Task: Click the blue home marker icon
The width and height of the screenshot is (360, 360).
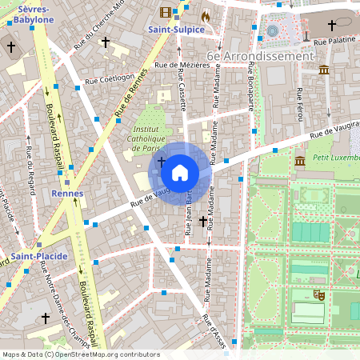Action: [x=180, y=172]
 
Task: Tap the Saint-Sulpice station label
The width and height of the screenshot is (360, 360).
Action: [x=176, y=30]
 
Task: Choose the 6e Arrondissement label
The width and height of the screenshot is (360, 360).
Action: [x=260, y=56]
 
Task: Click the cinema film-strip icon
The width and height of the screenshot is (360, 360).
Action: [x=166, y=12]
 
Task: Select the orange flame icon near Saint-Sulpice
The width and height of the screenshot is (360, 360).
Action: [x=205, y=15]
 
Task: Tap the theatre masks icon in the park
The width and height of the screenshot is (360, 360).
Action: [x=318, y=294]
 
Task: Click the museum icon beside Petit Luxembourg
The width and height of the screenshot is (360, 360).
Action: [x=299, y=162]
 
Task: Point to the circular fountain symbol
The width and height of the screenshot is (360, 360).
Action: [x=273, y=30]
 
